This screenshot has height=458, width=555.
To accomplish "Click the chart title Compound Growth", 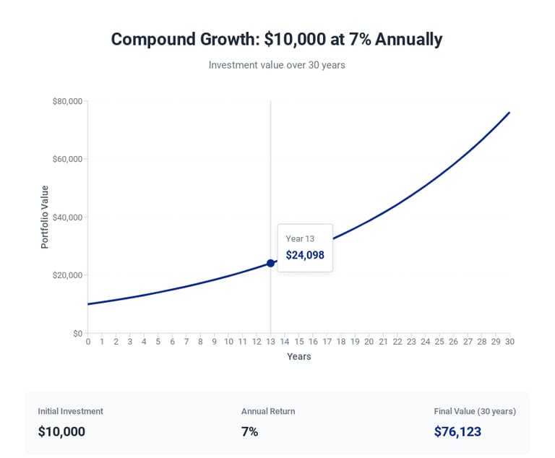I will click(277, 39).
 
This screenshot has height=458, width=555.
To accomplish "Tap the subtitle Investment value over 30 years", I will click(277, 65).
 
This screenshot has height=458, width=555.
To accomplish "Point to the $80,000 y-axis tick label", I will click(67, 101).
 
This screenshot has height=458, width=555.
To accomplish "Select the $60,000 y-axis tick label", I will click(67, 159).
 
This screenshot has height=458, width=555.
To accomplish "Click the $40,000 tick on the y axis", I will click(67, 217).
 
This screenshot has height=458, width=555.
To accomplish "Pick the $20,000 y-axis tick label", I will click(67, 275).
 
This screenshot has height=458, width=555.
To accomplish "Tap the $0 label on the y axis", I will click(77, 333).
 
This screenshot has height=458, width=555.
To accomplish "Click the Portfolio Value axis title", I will click(45, 217).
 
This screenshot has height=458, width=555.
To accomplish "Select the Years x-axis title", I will click(298, 356).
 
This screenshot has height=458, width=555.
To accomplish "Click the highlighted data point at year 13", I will click(270, 263).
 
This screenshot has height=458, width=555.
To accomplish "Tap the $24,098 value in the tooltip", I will click(305, 255).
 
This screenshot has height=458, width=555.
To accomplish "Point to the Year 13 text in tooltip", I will click(300, 238).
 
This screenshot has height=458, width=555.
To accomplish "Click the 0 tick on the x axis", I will click(88, 342).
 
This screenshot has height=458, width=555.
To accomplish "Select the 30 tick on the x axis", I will click(509, 342).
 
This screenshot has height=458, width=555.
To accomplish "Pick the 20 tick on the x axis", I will click(369, 342).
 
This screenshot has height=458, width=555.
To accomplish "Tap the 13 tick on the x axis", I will click(270, 342).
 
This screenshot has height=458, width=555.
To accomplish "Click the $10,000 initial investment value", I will click(61, 431).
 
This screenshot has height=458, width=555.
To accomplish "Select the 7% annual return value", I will click(249, 431).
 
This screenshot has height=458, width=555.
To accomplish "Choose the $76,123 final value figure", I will click(457, 431).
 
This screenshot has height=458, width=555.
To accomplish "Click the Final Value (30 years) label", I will click(475, 411).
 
